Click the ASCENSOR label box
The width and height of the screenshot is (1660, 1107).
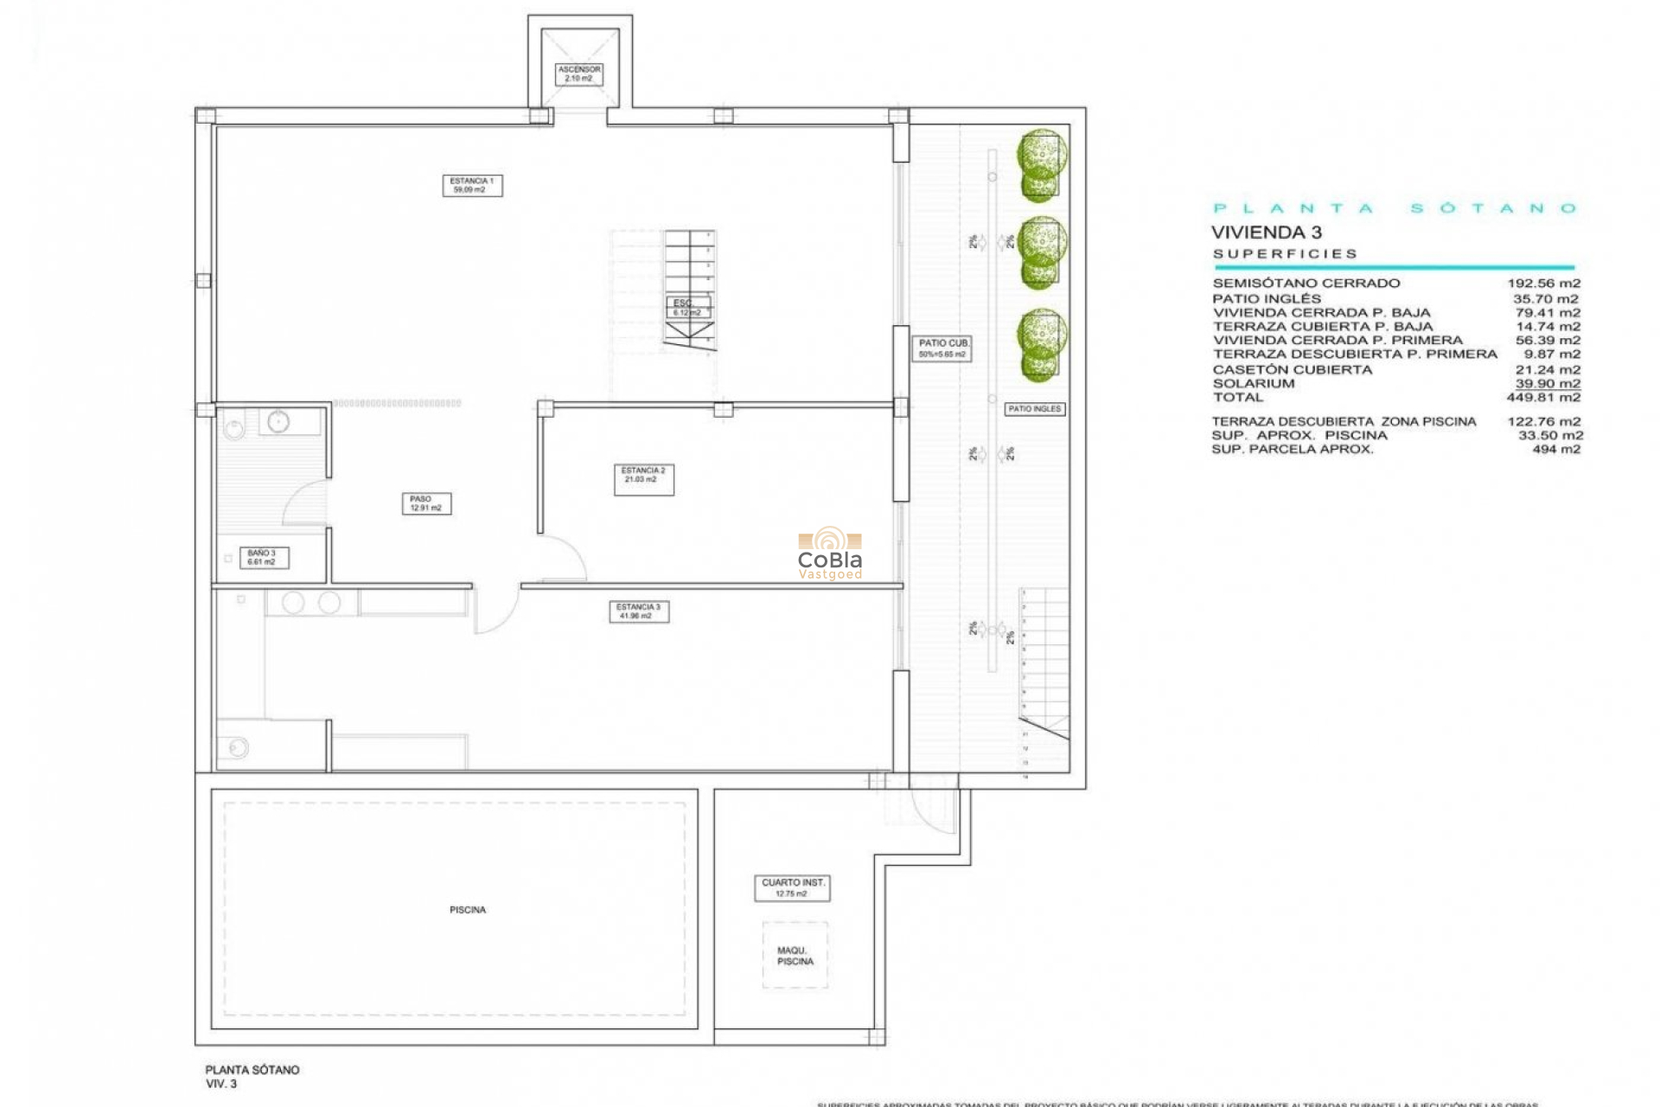(578, 74)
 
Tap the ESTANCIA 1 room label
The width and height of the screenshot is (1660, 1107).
(472, 185)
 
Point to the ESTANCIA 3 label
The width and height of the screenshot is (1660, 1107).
(638, 611)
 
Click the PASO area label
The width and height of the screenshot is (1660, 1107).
(425, 503)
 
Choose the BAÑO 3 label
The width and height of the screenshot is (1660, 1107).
(263, 558)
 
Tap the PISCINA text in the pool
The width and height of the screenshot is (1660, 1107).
(468, 910)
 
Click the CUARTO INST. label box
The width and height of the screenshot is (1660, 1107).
(792, 888)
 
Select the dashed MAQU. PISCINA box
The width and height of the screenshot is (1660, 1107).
(795, 956)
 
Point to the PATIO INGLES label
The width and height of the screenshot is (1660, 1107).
(1034, 409)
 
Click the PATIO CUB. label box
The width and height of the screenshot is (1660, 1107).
(942, 349)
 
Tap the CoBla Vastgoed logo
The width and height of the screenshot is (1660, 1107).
(830, 553)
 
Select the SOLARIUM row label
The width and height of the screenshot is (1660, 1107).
(1254, 384)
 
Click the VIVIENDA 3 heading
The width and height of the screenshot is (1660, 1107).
(1266, 232)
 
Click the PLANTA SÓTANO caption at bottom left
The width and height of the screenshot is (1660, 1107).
(252, 1070)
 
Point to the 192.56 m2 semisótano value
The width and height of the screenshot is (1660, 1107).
(1543, 284)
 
